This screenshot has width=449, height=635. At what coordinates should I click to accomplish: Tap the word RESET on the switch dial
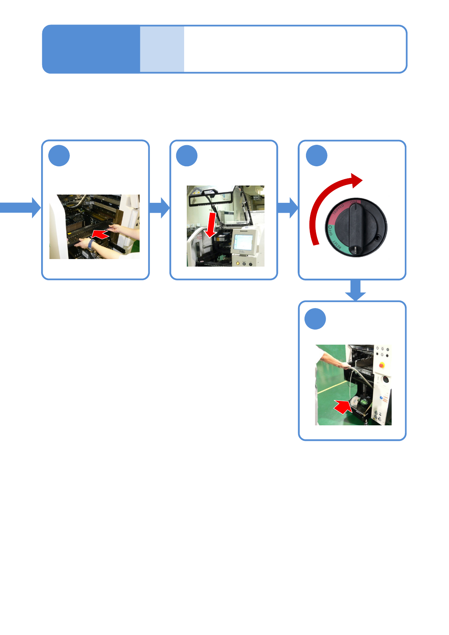coord(338,247)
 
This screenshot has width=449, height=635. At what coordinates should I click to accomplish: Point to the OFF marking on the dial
coord(331,231)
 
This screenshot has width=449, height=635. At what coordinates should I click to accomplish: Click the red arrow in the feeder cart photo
coord(100,235)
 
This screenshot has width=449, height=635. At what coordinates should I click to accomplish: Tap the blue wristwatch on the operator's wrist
coord(91,244)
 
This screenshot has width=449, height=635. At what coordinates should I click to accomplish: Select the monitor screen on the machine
coord(243,241)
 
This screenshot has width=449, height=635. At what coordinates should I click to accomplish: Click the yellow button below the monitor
coord(238,264)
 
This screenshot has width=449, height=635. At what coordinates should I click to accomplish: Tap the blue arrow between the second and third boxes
coord(288,207)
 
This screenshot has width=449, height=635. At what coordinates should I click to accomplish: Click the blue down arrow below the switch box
coord(355,290)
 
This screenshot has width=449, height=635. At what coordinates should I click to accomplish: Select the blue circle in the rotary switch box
coord(316,155)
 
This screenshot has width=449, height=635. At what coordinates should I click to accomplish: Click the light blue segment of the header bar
coord(162,49)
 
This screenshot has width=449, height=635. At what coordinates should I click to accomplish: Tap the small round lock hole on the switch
coord(378,238)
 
